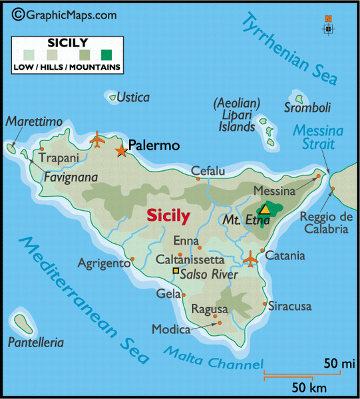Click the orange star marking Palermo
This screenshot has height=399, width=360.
point(121,151)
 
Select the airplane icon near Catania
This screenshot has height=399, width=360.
point(251,258)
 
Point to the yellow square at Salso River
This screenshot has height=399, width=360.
point(176,271)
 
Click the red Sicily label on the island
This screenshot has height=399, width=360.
point(168,215)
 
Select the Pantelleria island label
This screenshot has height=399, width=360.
point(37,343)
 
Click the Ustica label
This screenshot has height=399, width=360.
point(133,97)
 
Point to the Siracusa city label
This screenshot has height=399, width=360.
point(289,307)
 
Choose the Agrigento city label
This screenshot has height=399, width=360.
point(104,263)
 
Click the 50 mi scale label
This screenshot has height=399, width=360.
point(340,364)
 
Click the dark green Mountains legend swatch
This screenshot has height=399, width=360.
point(107,55)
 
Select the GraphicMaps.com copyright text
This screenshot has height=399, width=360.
point(64,14)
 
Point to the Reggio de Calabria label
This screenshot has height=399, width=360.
point(323,222)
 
